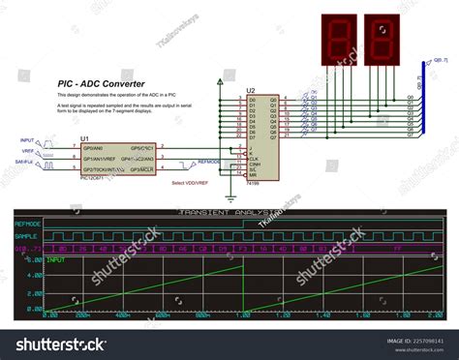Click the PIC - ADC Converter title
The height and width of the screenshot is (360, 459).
point(101,84)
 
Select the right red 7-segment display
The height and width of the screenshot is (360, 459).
point(382,40)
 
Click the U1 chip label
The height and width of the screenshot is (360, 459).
point(84,137)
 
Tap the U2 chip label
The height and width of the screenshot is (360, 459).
point(250,89)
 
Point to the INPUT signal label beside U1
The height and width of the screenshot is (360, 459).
point(27,142)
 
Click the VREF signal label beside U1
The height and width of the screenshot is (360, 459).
point(26,152)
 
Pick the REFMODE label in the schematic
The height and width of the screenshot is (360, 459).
point(208,162)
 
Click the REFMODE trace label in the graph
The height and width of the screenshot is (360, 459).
point(29,223)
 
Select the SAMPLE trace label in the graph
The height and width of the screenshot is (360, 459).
point(27,235)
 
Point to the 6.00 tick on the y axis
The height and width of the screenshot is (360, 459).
point(35,258)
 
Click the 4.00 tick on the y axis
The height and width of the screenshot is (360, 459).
point(35,275)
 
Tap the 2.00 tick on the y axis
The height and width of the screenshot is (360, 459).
point(35,292)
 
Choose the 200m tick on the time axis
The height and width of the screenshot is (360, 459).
point(85,315)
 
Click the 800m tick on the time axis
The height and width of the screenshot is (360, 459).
point(201,315)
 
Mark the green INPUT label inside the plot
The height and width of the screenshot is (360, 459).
point(57,259)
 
